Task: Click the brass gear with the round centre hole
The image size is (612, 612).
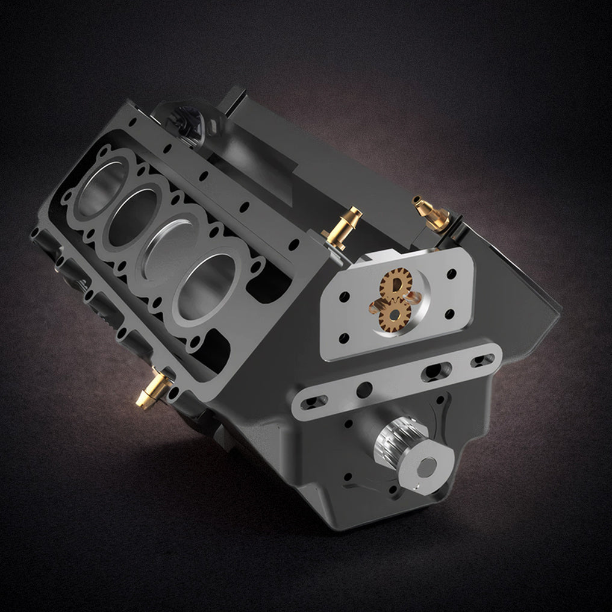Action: click(395, 314)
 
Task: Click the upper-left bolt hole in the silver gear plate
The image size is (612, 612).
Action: click(345, 297)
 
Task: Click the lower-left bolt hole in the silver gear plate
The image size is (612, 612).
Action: click(343, 338)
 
